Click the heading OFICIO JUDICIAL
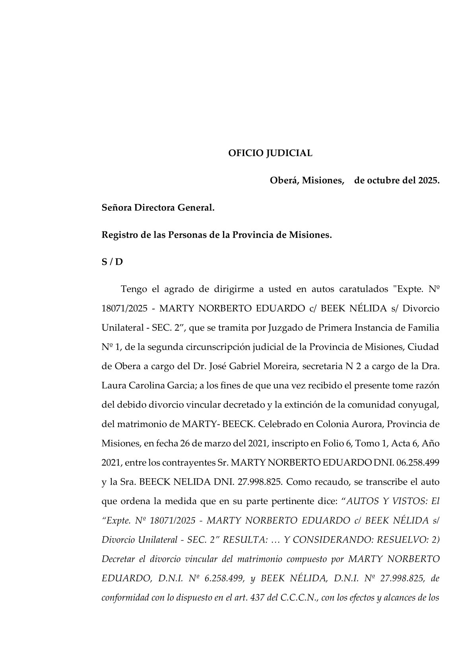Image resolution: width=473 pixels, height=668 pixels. click(x=270, y=153)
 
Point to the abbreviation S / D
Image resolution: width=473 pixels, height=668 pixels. click(x=112, y=262)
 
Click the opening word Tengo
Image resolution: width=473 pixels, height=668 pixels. click(x=134, y=289)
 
